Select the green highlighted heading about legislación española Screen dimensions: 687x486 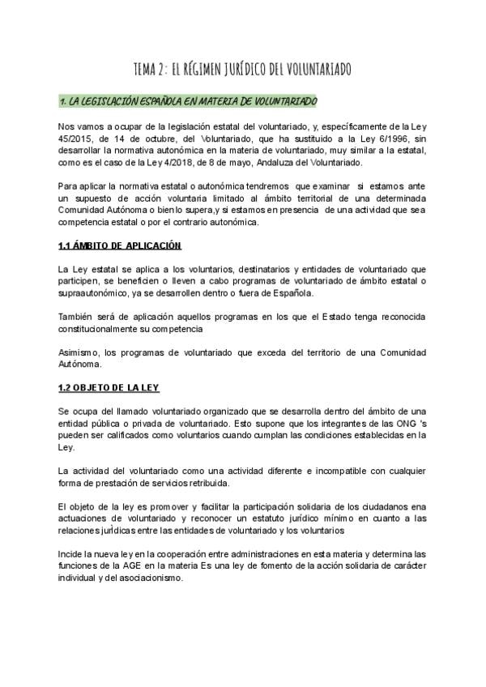(189, 101)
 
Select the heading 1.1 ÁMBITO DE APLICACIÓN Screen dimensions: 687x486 (120, 245)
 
